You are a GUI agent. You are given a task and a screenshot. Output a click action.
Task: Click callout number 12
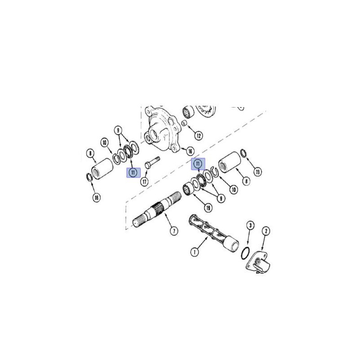click(198, 135)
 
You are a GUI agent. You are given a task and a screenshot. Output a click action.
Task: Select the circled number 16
click(190, 151)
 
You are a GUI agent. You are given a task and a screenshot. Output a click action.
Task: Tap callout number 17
click(144, 182)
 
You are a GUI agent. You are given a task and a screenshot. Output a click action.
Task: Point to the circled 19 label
click(208, 208)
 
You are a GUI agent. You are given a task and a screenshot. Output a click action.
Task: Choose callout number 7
click(174, 231)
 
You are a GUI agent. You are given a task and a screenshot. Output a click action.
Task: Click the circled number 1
click(195, 252)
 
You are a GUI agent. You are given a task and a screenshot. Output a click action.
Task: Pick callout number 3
click(250, 225)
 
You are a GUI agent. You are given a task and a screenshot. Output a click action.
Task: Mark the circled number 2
click(266, 231)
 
